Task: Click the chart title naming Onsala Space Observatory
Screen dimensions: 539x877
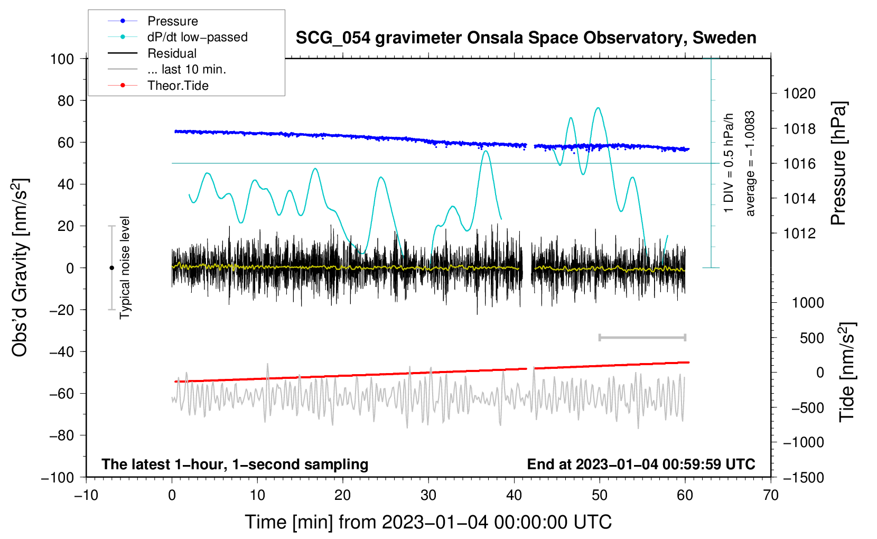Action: point(526,38)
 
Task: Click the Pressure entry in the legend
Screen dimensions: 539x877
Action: point(172,21)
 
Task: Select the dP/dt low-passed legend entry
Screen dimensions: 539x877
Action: point(197,37)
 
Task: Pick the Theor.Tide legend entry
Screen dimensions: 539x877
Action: point(178,86)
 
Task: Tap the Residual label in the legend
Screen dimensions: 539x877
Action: point(172,53)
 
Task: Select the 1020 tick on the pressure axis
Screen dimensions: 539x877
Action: point(799,94)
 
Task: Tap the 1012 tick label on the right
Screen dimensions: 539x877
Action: point(799,233)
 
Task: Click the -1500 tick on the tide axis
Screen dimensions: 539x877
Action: point(803,477)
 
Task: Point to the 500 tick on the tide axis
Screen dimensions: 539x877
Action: point(811,338)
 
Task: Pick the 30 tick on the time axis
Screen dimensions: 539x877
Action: point(428,495)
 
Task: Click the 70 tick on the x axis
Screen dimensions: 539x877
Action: point(771,495)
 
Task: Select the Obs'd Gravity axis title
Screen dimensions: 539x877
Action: point(20,267)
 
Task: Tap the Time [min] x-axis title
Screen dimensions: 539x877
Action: point(428,522)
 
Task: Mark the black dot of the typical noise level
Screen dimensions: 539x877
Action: point(111,268)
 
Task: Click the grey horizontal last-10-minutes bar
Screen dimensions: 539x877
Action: point(642,338)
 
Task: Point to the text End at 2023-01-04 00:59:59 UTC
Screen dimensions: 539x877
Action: point(641,464)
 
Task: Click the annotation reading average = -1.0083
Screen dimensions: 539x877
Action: point(750,163)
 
